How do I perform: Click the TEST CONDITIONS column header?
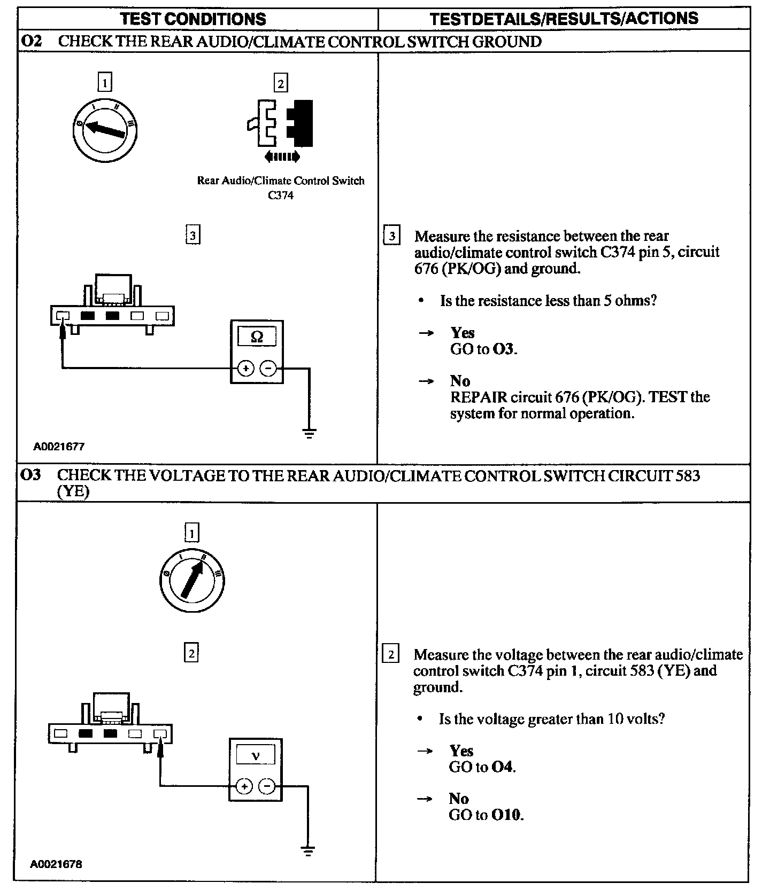(193, 19)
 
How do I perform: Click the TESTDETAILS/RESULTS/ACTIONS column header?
(564, 19)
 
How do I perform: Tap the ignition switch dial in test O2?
(105, 129)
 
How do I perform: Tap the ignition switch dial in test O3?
(192, 580)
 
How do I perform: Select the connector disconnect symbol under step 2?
(281, 124)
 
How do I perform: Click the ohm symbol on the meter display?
(257, 337)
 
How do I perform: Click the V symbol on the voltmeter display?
(255, 755)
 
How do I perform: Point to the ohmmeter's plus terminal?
(245, 369)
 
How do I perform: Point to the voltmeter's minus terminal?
(266, 786)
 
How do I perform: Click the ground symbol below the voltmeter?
(308, 851)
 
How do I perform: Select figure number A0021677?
(59, 447)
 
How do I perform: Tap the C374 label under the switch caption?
(281, 196)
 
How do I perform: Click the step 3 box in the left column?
(192, 235)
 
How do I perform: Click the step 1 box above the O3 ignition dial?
(191, 533)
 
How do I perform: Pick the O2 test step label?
(31, 41)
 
